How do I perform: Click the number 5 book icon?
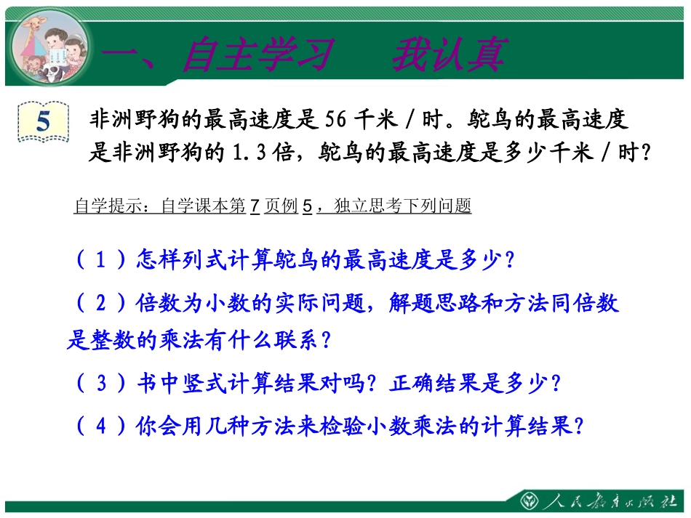click(43, 121)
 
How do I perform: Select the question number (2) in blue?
click(103, 303)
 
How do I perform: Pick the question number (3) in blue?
click(103, 383)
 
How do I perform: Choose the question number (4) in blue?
click(103, 426)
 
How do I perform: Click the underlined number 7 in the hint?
click(255, 206)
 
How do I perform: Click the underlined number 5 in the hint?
click(307, 206)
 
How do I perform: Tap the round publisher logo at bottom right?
click(529, 502)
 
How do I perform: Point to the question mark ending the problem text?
click(641, 153)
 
